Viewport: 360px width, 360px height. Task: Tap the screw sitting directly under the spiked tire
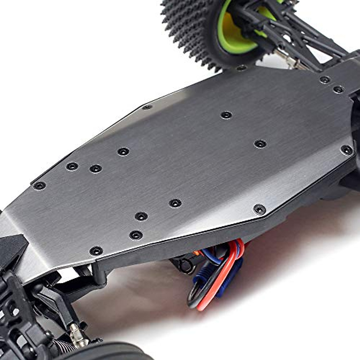coord(241,68)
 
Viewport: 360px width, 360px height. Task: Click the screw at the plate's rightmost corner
coord(346,150)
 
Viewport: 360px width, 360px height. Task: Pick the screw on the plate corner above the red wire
coord(259,209)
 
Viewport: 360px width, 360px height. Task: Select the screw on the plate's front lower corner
coord(96,251)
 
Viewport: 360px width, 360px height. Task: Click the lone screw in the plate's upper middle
coord(226,115)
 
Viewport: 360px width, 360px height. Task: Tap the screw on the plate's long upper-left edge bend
coord(147,107)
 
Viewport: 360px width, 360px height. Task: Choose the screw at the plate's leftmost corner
coord(39,186)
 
